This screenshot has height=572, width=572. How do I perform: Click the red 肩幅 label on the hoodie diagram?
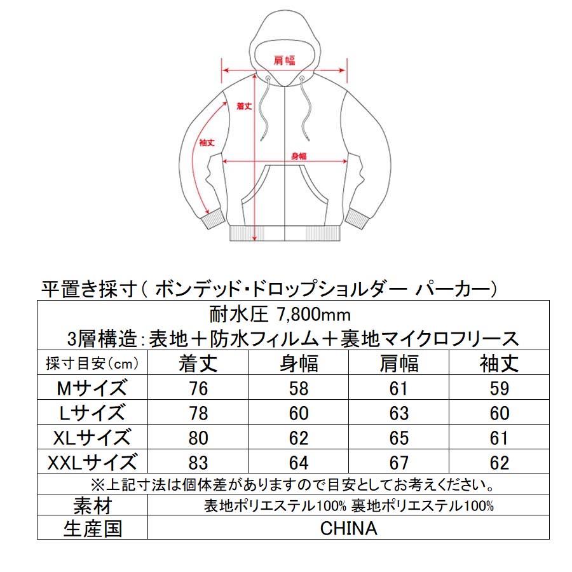click(x=285, y=60)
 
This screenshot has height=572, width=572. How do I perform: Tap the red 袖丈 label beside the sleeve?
click(x=207, y=143)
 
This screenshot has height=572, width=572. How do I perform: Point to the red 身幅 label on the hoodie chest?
click(x=299, y=156)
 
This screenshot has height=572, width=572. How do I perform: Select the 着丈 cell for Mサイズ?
click(x=198, y=388)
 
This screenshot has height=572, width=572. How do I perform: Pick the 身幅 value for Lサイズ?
click(x=298, y=413)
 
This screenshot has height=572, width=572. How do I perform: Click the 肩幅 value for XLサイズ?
click(x=398, y=438)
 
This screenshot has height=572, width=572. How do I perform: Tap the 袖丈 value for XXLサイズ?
click(x=500, y=462)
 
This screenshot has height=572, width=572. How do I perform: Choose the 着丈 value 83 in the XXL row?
click(x=198, y=462)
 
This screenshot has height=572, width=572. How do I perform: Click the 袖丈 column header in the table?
click(x=500, y=363)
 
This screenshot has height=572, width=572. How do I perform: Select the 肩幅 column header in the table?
click(x=398, y=363)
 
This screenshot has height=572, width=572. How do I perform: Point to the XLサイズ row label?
click(x=93, y=438)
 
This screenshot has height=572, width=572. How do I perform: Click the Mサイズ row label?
click(x=93, y=388)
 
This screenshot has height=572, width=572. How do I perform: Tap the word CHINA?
click(x=348, y=528)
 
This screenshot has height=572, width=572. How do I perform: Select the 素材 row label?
click(x=93, y=506)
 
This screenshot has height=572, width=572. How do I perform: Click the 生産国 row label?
click(x=93, y=528)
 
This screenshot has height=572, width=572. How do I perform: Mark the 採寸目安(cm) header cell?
click(x=93, y=364)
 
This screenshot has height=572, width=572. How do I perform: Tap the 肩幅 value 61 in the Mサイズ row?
click(x=398, y=388)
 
